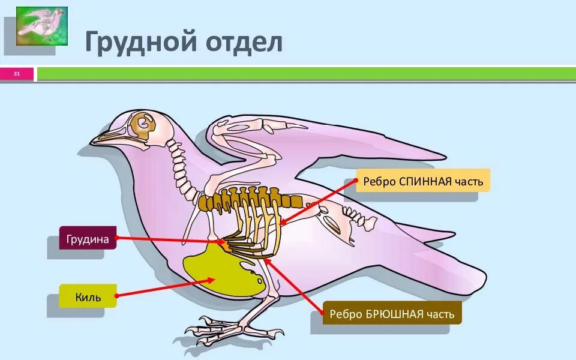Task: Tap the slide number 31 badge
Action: tap(17, 74)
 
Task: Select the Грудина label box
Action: tap(88, 238)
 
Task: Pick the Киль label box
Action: tap(88, 296)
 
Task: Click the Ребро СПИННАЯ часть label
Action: tap(423, 180)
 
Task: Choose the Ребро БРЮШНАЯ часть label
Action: tap(392, 313)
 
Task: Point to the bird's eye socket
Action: tap(143, 124)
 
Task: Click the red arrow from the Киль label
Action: tap(162, 288)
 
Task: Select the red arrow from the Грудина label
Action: tap(168, 239)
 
